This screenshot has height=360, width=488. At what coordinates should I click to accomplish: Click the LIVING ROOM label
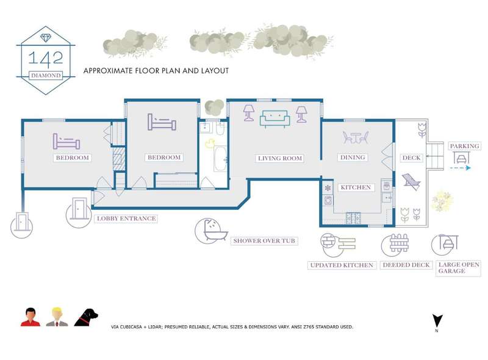[x=280, y=158]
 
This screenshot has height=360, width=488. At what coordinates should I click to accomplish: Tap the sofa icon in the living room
[x=275, y=119]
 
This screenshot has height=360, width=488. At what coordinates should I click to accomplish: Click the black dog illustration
[x=86, y=317]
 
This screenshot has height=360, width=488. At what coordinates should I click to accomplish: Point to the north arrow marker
[x=437, y=321]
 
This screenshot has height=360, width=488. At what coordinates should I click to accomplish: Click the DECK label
[x=411, y=158]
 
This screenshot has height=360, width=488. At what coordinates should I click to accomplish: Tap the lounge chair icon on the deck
[x=411, y=182]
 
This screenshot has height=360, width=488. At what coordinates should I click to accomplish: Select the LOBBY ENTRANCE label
[x=126, y=218]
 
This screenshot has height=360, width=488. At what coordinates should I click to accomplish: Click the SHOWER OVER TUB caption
[x=264, y=241]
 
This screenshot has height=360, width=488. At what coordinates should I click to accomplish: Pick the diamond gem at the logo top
[x=46, y=38]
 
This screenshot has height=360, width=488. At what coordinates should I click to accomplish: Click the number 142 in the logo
[x=46, y=59]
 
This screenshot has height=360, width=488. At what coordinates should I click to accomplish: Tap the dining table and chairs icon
[x=356, y=137]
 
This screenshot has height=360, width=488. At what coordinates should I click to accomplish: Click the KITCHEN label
[x=356, y=187]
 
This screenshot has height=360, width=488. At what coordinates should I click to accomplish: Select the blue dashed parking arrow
[x=461, y=168]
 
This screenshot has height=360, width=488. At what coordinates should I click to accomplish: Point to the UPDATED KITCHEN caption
[x=342, y=265]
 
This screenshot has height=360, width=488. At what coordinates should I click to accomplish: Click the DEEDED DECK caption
[x=406, y=265]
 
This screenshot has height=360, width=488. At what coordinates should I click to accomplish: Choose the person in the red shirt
[x=30, y=317]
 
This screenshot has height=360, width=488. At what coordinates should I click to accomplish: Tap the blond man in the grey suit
[x=57, y=317]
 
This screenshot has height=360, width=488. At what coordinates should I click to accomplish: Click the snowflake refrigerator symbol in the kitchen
[x=328, y=188]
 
